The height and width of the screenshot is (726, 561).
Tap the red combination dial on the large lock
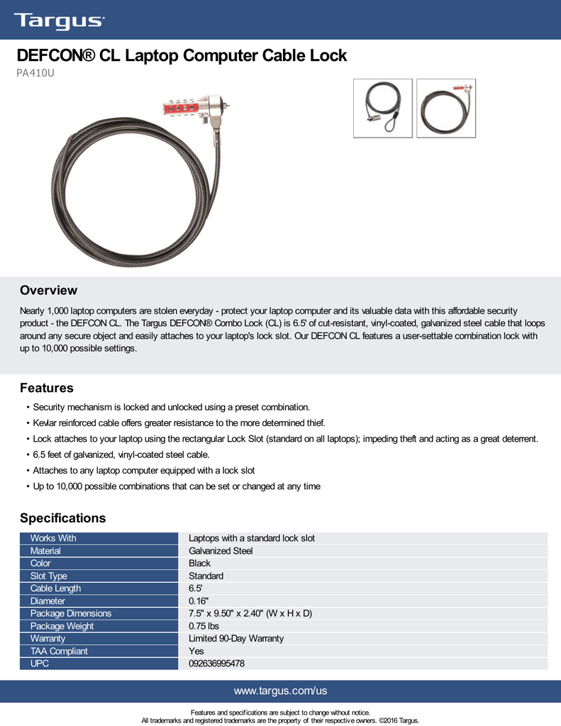pyautogui.click(x=186, y=111)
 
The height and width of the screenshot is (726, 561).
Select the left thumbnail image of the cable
pyautogui.click(x=382, y=108)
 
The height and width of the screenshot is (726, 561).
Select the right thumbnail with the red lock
pyautogui.click(x=446, y=108)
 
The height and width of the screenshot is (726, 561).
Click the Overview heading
pyautogui.click(x=48, y=291)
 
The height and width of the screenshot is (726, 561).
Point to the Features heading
pyautogui.click(x=47, y=389)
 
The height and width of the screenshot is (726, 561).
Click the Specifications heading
pyautogui.click(x=62, y=518)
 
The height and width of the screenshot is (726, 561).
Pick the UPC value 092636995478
pyautogui.click(x=216, y=664)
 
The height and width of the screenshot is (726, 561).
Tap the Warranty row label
pyautogui.click(x=48, y=639)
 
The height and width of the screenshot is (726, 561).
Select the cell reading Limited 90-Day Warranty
pyautogui.click(x=236, y=639)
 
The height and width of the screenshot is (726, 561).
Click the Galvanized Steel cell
pyautogui.click(x=221, y=551)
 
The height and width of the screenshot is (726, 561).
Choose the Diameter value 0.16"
pyautogui.click(x=198, y=601)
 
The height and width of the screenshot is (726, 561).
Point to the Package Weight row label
pyautogui.click(x=62, y=626)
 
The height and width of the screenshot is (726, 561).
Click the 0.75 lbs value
pyautogui.click(x=204, y=626)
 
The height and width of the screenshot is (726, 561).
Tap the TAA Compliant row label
pyautogui.click(x=59, y=652)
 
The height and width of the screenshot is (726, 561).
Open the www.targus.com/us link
pyautogui.click(x=280, y=691)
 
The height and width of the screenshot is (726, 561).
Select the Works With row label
pyautogui.click(x=53, y=539)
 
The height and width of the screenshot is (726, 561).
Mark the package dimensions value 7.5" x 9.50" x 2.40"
pyautogui.click(x=250, y=613)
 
